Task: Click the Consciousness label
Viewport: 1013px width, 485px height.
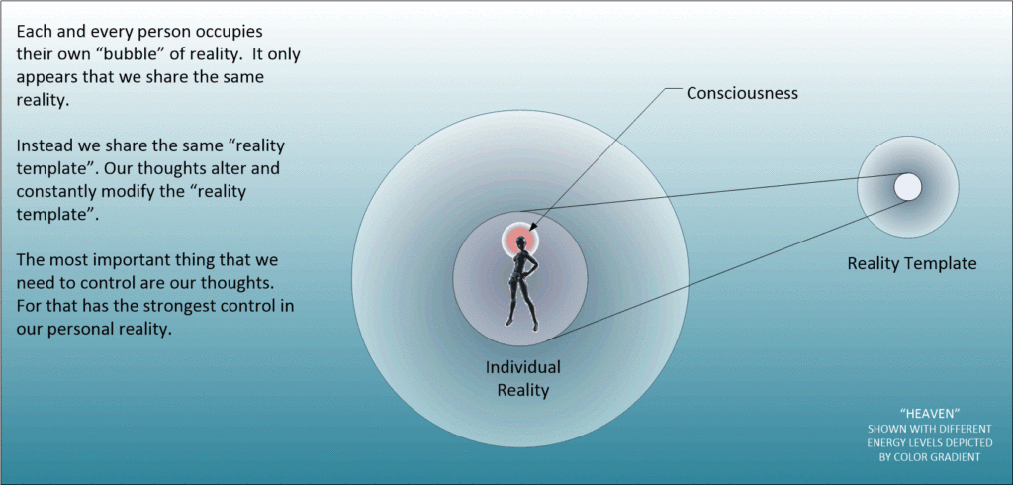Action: pyautogui.click(x=742, y=94)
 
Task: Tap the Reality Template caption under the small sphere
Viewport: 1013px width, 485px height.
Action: pyautogui.click(x=911, y=264)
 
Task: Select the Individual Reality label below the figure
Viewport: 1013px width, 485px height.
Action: pyautogui.click(x=522, y=378)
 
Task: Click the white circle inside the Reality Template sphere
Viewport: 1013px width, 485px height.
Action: pyautogui.click(x=907, y=186)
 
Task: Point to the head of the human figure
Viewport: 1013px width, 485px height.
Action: pyautogui.click(x=519, y=241)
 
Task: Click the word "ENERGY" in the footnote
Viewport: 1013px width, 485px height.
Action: pyautogui.click(x=882, y=442)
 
